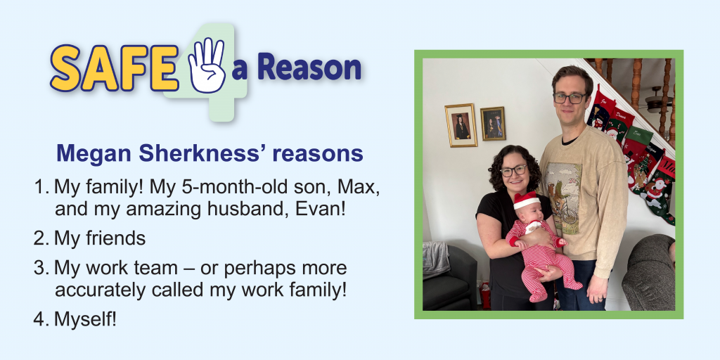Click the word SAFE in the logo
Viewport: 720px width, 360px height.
tap(115, 67)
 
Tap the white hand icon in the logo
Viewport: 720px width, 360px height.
tap(207, 65)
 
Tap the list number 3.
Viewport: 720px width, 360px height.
tap(40, 268)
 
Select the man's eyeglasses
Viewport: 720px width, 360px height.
tap(570, 97)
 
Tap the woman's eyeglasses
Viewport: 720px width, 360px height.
tap(514, 171)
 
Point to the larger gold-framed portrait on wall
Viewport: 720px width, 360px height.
tap(461, 125)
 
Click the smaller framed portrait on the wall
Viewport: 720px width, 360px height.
tap(493, 124)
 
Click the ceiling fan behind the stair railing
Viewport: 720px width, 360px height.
tap(657, 101)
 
